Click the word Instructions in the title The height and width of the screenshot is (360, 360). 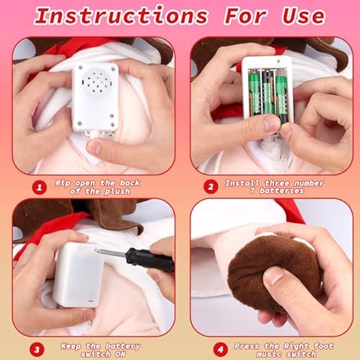tap(121, 16)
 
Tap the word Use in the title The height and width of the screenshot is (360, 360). tap(304, 16)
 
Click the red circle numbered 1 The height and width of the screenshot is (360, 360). tap(39, 187)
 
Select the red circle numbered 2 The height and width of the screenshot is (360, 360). tap(211, 187)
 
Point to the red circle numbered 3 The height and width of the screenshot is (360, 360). tap(37, 350)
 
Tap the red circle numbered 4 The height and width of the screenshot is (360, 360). tap(220, 349)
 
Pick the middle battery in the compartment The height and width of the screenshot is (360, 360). tap(267, 94)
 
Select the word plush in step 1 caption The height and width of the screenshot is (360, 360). tap(117, 192)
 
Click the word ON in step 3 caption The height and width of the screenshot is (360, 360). tap(120, 354)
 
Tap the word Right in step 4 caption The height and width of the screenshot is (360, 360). tap(296, 346)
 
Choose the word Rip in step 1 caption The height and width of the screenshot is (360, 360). tap(63, 183)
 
